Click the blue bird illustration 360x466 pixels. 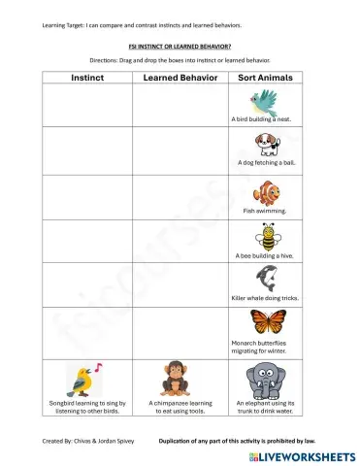pyautogui.click(x=264, y=99)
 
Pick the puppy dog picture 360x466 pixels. pyautogui.click(x=266, y=144)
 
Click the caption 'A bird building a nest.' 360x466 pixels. pyautogui.click(x=262, y=119)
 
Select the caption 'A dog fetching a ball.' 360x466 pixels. pyautogui.click(x=266, y=163)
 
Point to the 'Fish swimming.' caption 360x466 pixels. pyautogui.click(x=266, y=209)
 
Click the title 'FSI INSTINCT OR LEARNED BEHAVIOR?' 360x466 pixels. pyautogui.click(x=179, y=45)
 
